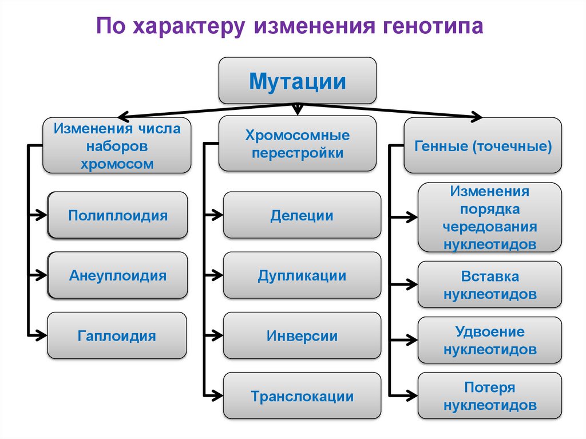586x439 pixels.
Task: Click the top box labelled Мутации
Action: point(298,81)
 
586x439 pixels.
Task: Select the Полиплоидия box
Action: point(118,215)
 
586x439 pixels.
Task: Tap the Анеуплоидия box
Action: point(118,275)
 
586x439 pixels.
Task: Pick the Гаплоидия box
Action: point(117,335)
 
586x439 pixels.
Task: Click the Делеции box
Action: point(302,215)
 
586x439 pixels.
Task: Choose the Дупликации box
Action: point(302,275)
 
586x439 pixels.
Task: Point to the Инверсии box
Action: point(302,335)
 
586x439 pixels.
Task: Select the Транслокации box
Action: point(302,396)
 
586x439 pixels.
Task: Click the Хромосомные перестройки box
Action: point(298,144)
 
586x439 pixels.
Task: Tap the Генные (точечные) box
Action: point(482,146)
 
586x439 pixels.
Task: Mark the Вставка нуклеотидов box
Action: point(490,284)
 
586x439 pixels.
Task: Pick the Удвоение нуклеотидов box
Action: point(490,340)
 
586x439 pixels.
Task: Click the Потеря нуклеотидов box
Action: point(490,396)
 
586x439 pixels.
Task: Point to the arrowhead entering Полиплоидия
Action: point(41,215)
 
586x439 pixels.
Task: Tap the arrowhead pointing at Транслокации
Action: point(217,395)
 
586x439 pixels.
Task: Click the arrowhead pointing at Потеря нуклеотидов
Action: point(412,395)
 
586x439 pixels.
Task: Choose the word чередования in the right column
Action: point(490,226)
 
